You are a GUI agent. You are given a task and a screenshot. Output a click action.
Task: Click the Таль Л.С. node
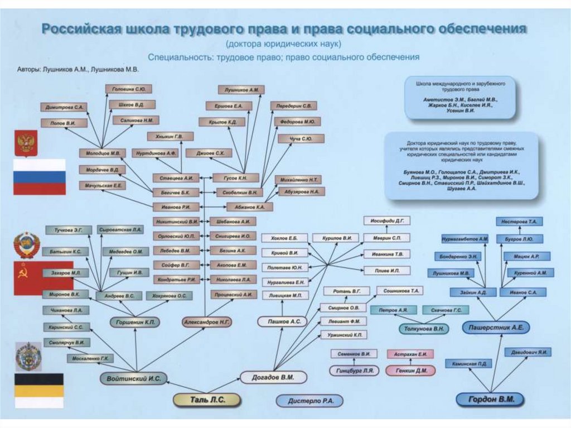tap(206, 399)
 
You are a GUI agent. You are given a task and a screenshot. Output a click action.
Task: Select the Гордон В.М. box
tap(490, 399)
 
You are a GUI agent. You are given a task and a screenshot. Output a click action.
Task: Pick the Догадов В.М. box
tap(274, 377)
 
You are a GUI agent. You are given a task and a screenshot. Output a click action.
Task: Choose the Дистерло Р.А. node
tap(309, 401)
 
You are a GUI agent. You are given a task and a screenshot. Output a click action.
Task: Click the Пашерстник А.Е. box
tap(495, 328)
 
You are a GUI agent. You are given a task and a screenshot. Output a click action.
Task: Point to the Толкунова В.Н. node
tap(424, 329)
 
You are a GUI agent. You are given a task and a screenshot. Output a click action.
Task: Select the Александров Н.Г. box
tap(207, 322)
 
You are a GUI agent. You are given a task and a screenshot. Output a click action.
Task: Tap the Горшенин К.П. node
tap(134, 322)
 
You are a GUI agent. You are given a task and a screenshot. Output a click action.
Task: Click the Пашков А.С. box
tap(282, 321)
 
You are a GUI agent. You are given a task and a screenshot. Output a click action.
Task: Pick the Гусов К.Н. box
tap(235, 178)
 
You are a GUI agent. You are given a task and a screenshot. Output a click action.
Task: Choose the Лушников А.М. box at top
tap(241, 89)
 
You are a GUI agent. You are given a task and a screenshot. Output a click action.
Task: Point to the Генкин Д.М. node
tap(411, 370)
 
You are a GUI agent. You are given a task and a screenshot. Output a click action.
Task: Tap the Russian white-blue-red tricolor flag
tap(39, 176)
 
